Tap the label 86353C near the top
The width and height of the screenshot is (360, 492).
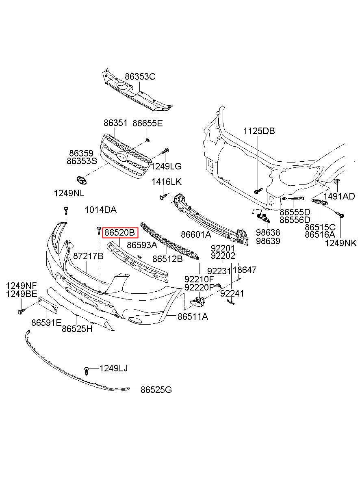pos(140,76)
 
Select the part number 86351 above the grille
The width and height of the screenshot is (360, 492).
pos(115,123)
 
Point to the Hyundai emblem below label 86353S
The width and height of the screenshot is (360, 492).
pos(81,180)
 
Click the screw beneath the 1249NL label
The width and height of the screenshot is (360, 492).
pos(66,210)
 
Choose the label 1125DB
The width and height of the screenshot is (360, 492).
pos(259,131)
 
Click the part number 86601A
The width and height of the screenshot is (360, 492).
pos(196,234)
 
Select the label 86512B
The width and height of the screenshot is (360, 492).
pos(167,259)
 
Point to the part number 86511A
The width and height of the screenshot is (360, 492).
pos(193,316)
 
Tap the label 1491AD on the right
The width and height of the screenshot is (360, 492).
pos(339,196)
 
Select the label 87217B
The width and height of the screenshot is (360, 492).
pos(88,256)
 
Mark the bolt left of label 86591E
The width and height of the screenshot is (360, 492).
pos(22,311)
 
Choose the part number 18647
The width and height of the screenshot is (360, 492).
pos(245,270)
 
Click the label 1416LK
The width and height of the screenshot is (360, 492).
pos(167,182)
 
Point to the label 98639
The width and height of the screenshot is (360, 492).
pos(268,241)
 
